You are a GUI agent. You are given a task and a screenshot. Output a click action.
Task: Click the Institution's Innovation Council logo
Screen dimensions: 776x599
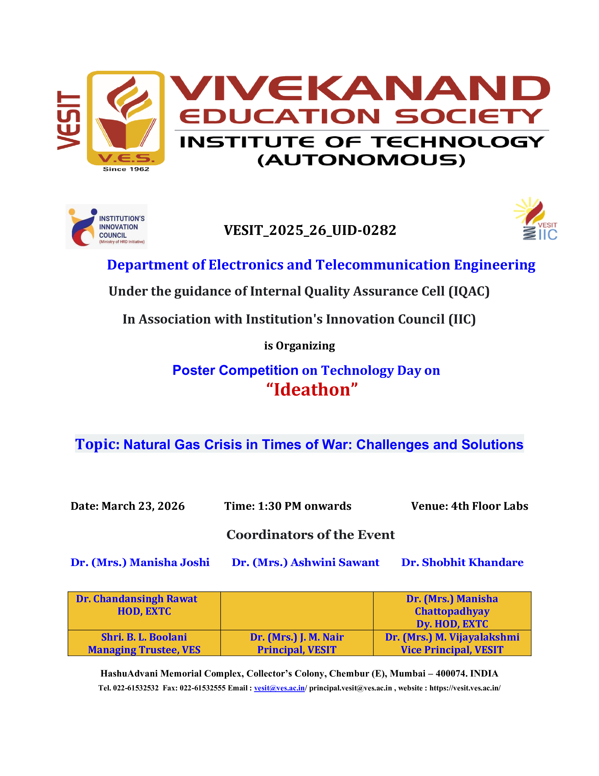[x=106, y=227]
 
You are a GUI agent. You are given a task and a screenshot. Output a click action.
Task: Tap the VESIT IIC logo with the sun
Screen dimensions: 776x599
[x=536, y=219]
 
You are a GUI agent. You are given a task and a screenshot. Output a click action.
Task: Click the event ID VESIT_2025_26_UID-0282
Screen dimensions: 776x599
[x=310, y=230]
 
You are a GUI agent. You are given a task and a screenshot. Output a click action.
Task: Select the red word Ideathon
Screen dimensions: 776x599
[x=312, y=390]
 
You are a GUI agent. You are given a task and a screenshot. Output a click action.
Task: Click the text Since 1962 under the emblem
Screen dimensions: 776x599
[x=126, y=169]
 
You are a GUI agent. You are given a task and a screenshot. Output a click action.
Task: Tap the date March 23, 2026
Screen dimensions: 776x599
[x=143, y=506]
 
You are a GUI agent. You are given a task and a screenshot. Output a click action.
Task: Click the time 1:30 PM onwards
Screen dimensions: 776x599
[x=304, y=506]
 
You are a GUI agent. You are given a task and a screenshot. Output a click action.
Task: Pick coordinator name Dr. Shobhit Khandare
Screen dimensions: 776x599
[x=462, y=562]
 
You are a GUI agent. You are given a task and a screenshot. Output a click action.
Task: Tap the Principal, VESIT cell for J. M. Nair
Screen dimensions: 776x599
[x=297, y=643]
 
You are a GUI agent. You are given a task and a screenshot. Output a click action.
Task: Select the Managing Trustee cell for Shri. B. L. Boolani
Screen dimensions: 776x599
[x=144, y=643]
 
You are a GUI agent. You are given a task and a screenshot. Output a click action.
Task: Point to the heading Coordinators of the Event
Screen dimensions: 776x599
[x=311, y=535]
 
